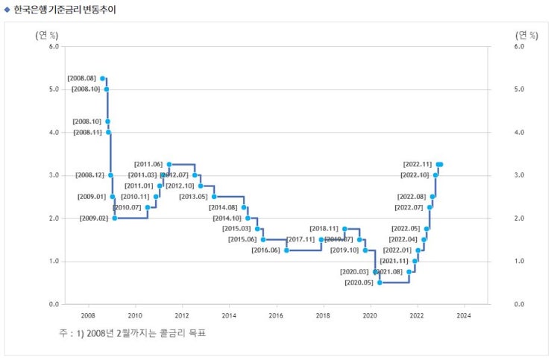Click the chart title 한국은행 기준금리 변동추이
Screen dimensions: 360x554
[65, 10]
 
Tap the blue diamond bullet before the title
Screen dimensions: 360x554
[7, 10]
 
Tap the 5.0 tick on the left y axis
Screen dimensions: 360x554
[53, 89]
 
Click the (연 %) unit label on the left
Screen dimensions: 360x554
[46, 34]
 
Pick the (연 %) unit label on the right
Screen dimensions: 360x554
[526, 34]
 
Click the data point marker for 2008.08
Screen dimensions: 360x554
[103, 78]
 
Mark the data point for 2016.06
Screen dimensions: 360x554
[286, 250]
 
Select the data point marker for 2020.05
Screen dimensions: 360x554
[380, 282]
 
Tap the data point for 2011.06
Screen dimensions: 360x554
[169, 164]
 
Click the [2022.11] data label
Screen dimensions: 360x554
[417, 164]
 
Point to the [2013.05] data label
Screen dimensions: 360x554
[193, 197]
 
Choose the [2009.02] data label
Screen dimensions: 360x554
[94, 218]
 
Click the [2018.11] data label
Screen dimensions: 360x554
[324, 229]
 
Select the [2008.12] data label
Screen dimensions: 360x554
[89, 175]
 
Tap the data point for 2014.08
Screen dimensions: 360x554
[244, 207]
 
